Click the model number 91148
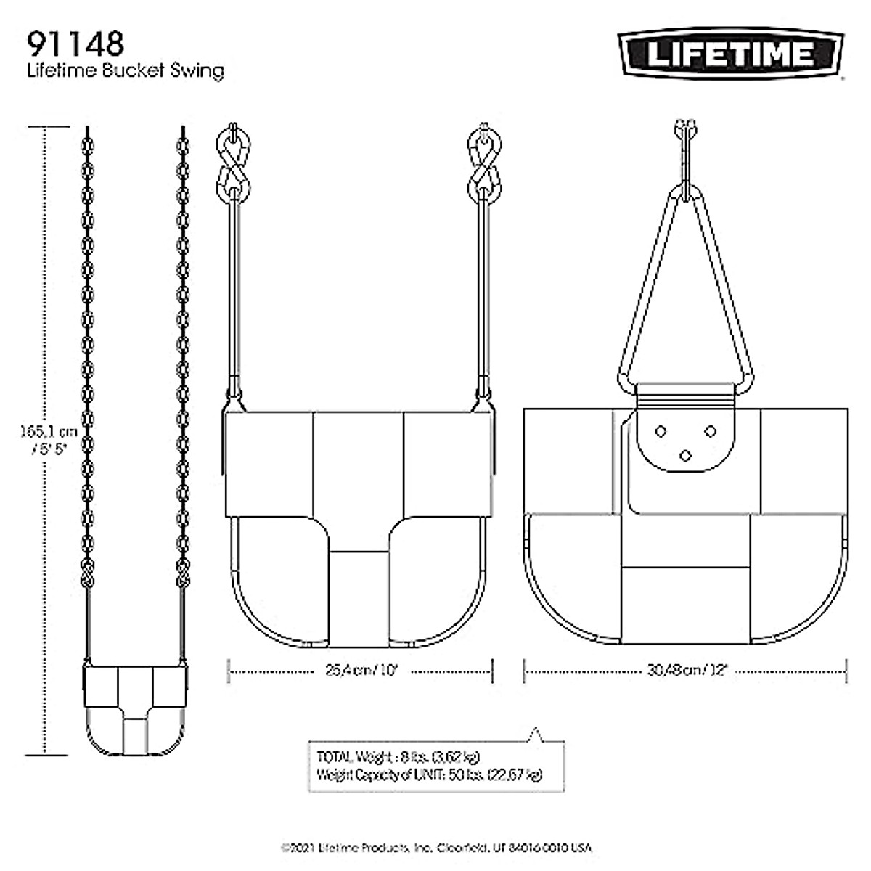75,44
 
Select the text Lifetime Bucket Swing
125,71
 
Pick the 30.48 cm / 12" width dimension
686,671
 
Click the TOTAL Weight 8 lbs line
398,756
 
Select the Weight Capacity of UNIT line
429,774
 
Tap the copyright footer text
436,848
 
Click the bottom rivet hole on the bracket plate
685,455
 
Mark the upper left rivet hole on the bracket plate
660,432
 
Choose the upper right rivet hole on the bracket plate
711,432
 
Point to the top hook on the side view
685,131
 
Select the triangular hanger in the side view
685,290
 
